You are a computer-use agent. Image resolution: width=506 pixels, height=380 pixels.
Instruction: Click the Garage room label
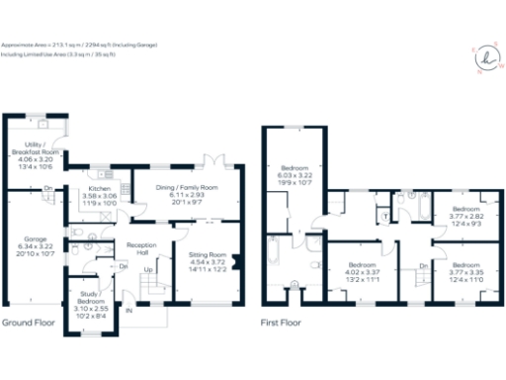click(31, 241)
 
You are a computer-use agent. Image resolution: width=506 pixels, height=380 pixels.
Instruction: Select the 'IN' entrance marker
click(129, 311)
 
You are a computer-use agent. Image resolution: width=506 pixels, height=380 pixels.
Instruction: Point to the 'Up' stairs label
click(149, 270)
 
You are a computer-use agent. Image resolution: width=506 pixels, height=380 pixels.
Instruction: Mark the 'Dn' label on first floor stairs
click(422, 265)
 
